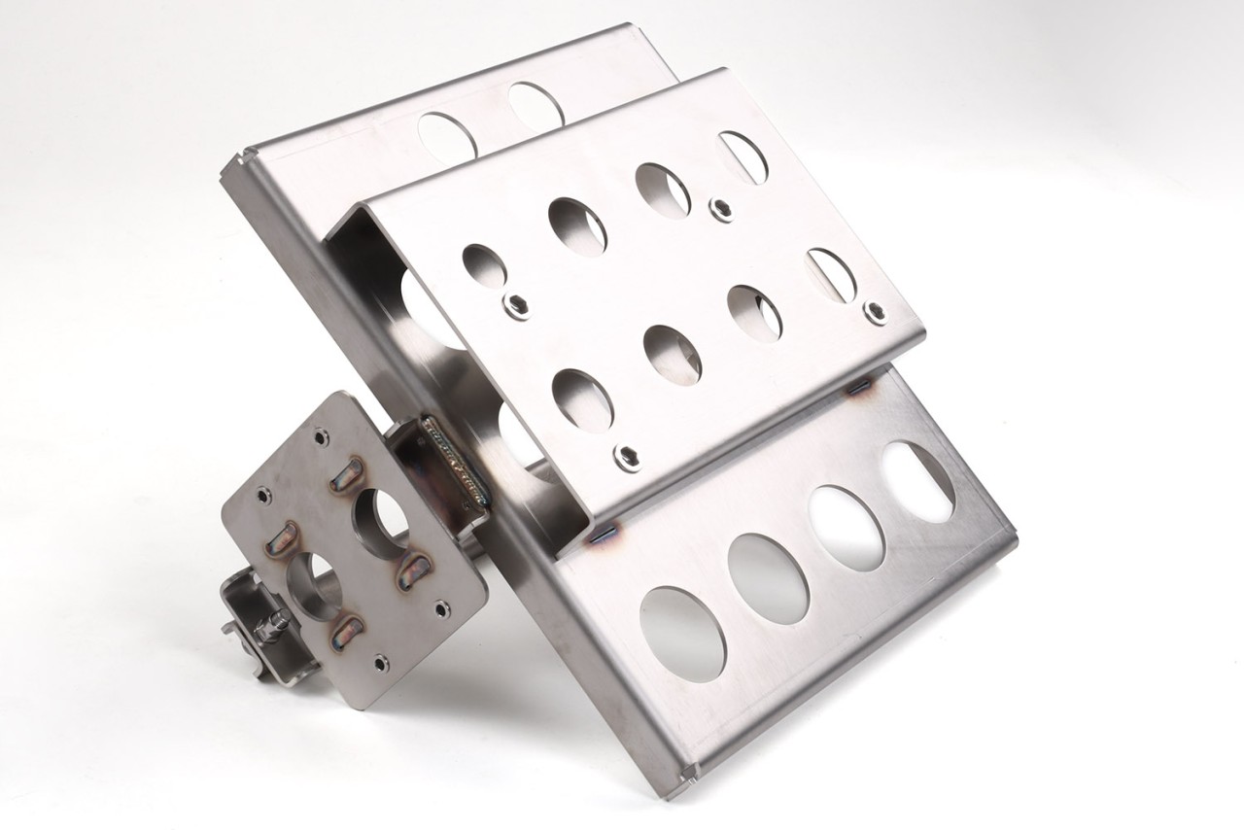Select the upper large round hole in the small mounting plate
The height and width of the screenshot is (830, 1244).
point(379,522)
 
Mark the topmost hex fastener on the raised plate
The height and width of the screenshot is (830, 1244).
point(721,207)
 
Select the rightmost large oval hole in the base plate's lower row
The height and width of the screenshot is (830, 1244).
point(918,483)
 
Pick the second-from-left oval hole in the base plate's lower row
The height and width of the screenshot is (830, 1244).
point(768,578)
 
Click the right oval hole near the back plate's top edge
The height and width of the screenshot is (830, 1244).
point(536,106)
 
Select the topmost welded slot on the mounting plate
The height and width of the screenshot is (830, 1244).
point(345,476)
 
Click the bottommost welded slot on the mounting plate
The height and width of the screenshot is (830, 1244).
point(346,634)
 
